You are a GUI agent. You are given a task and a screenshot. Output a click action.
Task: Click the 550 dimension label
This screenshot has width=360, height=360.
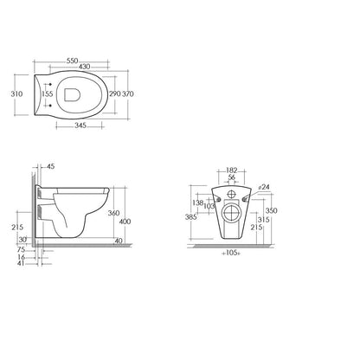(73, 61)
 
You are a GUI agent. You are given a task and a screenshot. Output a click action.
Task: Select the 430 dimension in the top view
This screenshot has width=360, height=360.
(84, 67)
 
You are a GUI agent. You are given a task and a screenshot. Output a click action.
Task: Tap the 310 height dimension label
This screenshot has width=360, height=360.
(16, 93)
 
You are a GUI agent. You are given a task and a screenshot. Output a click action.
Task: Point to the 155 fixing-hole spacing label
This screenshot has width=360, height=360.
(48, 93)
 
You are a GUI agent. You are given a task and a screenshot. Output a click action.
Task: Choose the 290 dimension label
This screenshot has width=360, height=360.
(114, 93)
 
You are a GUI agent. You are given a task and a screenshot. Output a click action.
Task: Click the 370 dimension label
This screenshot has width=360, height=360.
(128, 93)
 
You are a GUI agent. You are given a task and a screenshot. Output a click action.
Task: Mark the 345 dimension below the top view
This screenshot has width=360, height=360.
(80, 125)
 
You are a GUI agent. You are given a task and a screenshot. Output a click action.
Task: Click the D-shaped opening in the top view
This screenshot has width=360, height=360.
(72, 94)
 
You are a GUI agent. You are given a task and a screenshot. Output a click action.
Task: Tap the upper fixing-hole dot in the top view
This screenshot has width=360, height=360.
(50, 84)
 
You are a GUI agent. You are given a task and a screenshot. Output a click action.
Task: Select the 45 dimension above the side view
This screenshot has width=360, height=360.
(50, 166)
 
